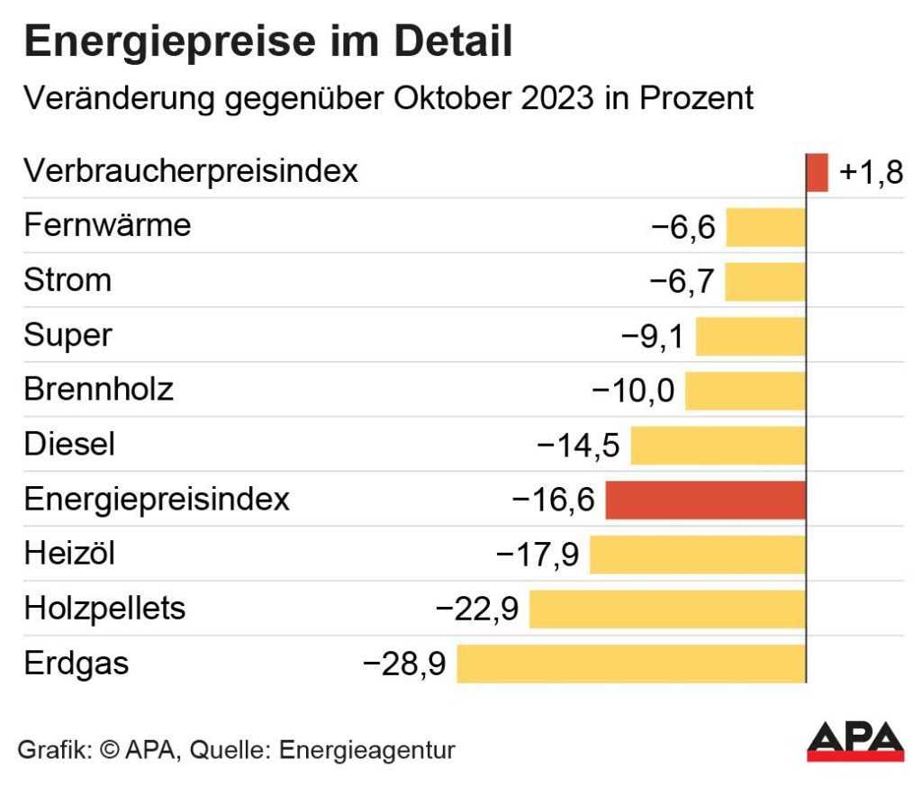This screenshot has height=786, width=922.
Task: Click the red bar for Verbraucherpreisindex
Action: [817, 172]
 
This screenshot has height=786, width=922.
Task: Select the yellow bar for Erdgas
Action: [631, 664]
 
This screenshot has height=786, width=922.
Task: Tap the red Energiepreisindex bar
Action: [705, 500]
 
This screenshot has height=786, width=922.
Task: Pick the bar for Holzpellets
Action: [667, 609]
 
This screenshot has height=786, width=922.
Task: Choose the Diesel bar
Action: [718, 445]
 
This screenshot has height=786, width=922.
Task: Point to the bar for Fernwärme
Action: [765, 227]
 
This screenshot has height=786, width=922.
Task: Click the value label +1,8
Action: [870, 173]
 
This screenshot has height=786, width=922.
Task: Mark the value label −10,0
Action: [633, 391]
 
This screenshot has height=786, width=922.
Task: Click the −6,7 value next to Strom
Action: [682, 282]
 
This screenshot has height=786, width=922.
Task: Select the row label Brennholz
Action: [98, 390]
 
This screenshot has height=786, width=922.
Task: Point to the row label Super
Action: [68, 335]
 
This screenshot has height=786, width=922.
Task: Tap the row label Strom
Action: [68, 280]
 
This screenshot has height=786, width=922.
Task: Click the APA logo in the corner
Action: [854, 740]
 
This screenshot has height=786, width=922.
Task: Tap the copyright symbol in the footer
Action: [111, 749]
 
